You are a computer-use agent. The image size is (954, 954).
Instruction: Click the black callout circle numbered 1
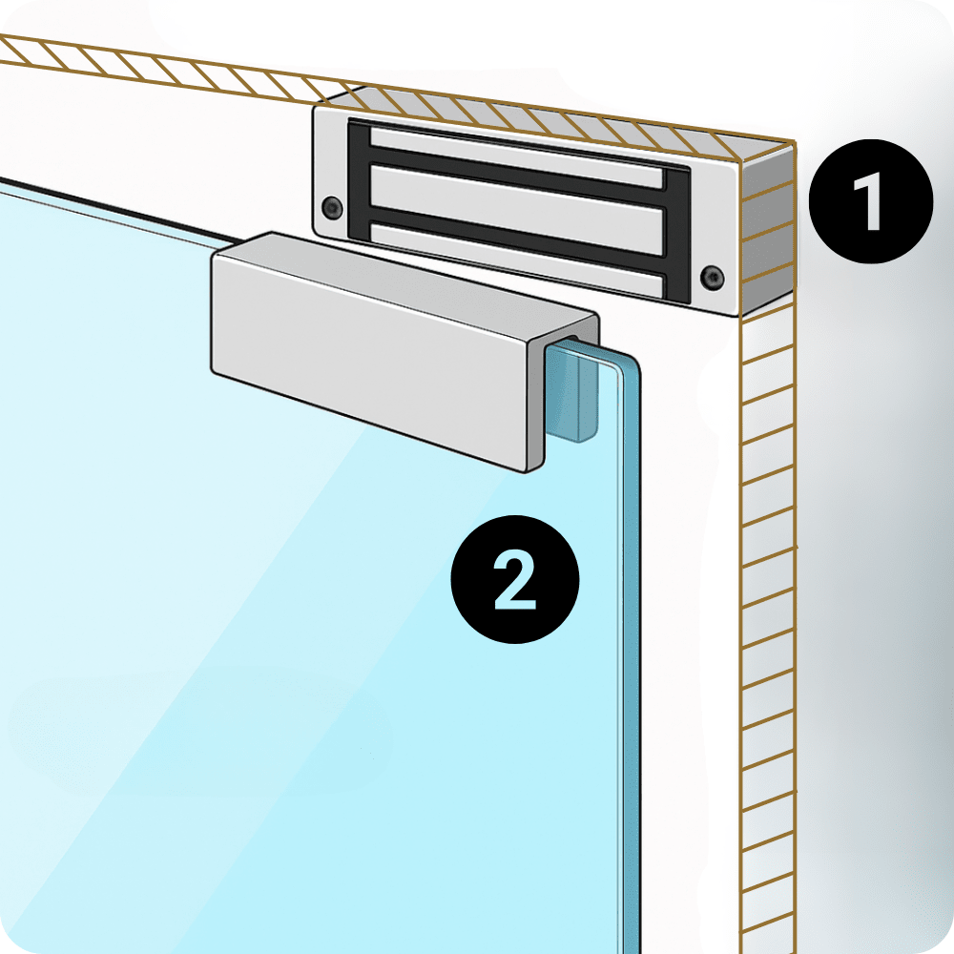click(x=871, y=201)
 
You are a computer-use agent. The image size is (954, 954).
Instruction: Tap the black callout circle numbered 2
click(x=515, y=579)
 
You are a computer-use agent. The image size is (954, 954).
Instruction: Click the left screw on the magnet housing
click(x=332, y=207)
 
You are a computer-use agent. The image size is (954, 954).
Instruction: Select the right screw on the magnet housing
click(x=712, y=277)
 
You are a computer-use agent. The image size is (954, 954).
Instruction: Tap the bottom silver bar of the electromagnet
click(x=517, y=257)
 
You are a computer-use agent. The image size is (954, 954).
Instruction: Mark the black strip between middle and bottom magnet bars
click(x=517, y=234)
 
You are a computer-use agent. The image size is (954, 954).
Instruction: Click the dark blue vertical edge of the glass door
click(x=631, y=657)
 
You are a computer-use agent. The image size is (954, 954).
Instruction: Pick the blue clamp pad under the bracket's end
click(x=570, y=392)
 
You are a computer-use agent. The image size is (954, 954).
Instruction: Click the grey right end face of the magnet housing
click(x=767, y=230)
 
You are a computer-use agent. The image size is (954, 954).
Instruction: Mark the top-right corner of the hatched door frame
click(x=795, y=141)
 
